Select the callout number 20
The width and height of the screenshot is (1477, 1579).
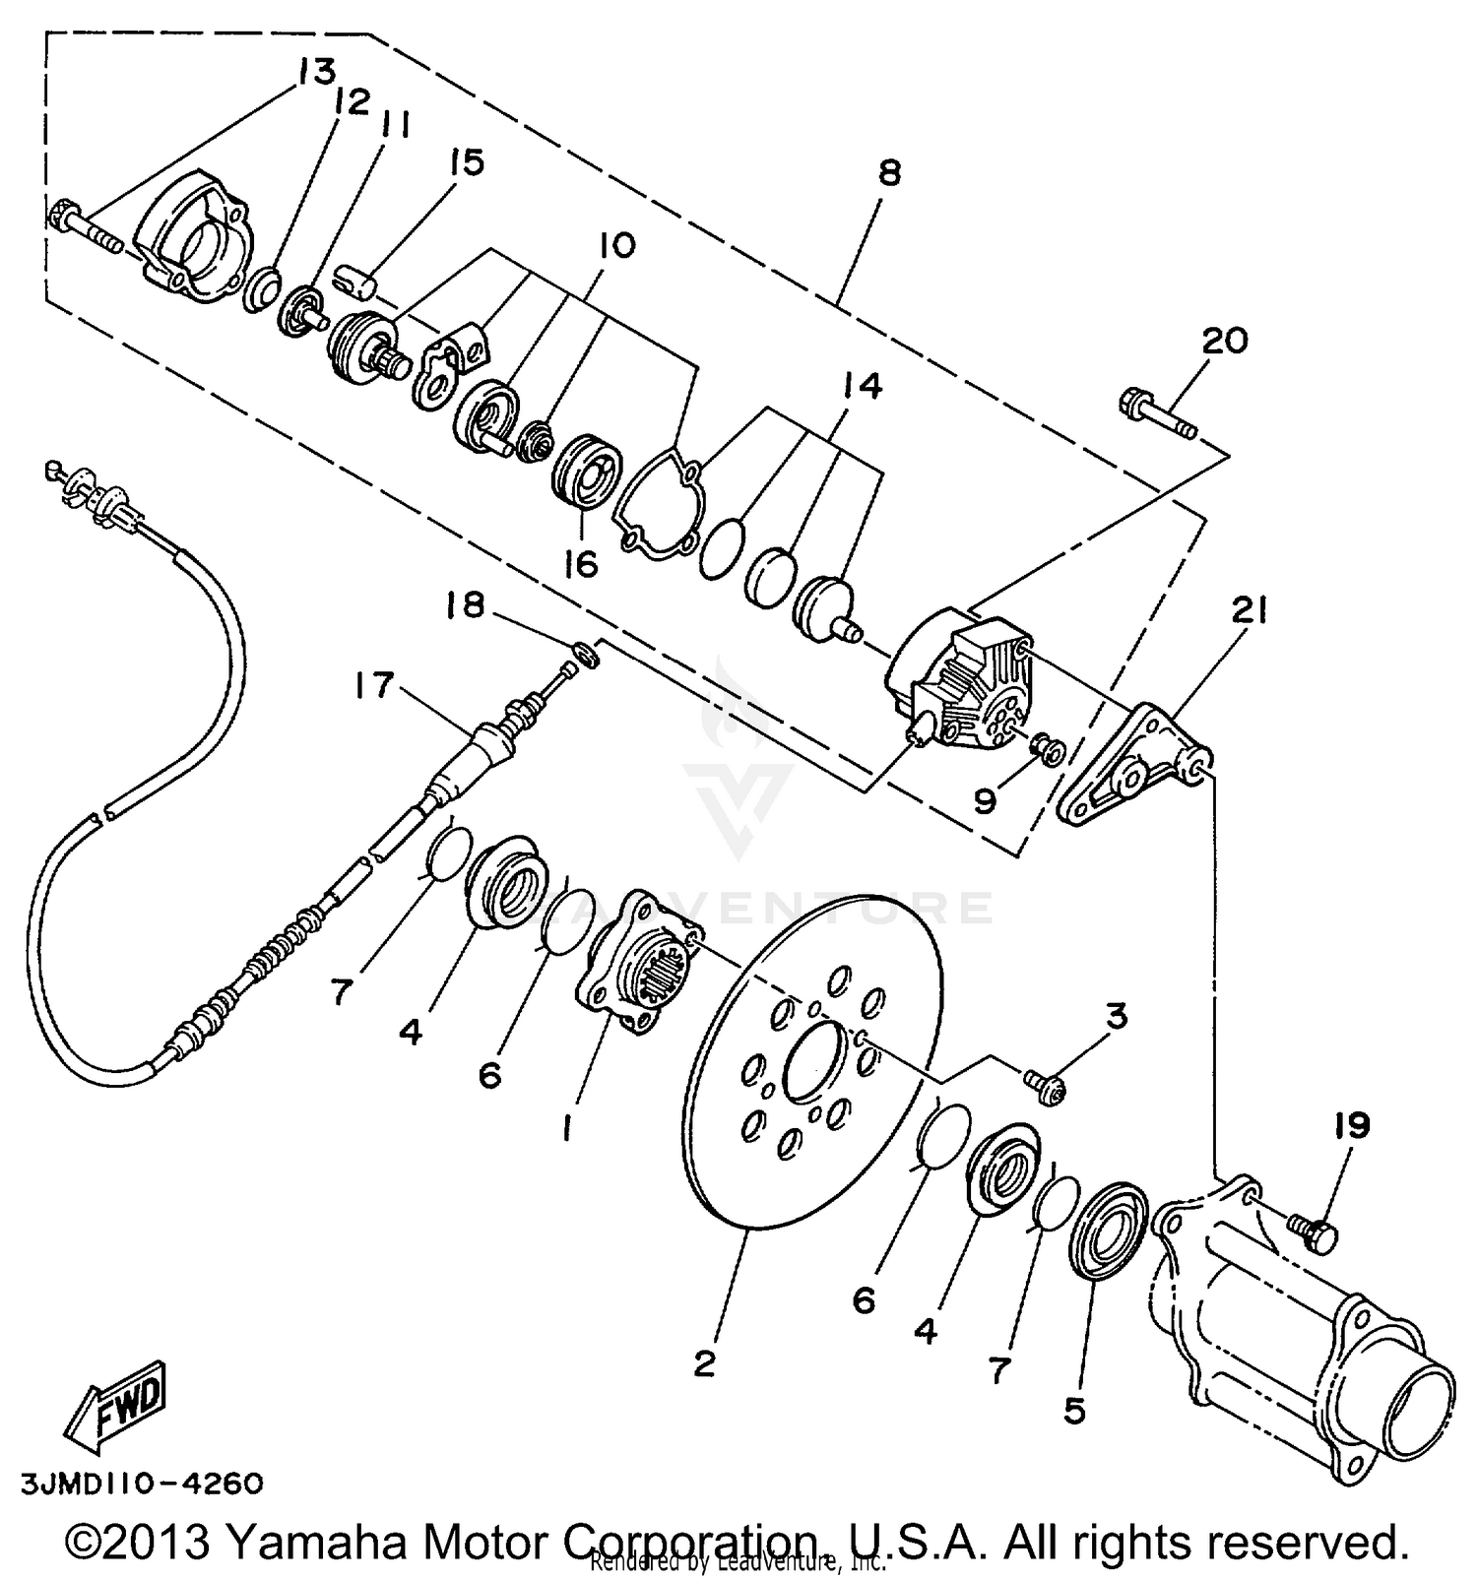1224,341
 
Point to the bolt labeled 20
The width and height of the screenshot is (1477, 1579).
1158,414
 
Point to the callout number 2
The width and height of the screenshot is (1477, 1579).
704,1363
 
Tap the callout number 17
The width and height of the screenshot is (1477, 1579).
373,684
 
